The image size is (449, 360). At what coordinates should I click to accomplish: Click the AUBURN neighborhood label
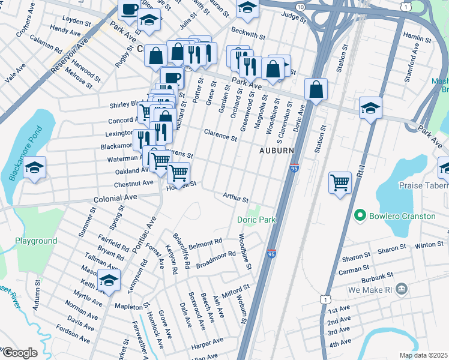(x=277, y=150)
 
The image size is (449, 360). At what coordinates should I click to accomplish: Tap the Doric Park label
(x=256, y=220)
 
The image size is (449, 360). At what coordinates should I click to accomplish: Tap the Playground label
(x=36, y=241)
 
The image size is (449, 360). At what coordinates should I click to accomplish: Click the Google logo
(x=19, y=353)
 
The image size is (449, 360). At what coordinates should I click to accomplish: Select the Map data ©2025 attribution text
(x=423, y=355)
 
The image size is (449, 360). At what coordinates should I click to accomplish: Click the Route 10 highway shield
(x=300, y=5)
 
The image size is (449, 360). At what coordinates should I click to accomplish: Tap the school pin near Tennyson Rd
(x=109, y=280)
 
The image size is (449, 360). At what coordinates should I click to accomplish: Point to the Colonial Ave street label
(x=115, y=197)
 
